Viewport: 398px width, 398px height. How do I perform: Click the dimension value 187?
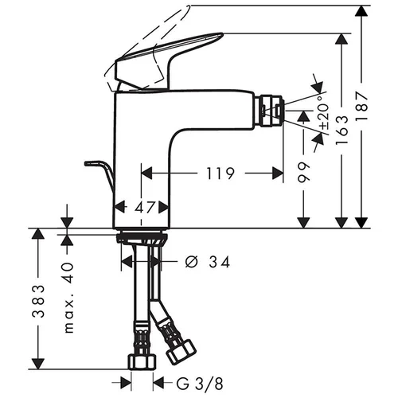pos(361,106)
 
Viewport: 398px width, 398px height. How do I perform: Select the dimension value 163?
pos(341,130)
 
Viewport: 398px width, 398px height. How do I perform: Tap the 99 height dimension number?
pos(303,172)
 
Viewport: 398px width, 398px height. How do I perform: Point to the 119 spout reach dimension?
pos(220,174)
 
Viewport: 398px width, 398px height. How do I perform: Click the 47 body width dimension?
pos(145,207)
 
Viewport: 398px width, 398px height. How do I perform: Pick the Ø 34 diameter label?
pos(207,262)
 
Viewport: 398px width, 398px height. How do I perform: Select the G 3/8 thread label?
pos(200,384)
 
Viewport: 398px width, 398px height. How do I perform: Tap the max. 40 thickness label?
pos(68,298)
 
